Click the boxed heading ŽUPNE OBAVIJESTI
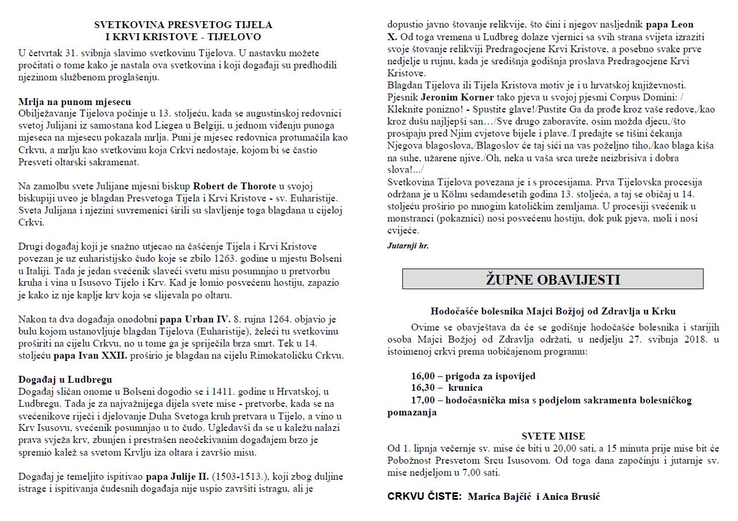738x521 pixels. click(x=552, y=279)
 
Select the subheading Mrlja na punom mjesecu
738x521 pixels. click(x=75, y=102)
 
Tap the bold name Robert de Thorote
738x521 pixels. click(x=235, y=186)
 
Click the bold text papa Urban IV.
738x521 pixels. click(x=195, y=319)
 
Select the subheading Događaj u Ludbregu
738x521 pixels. click(x=65, y=379)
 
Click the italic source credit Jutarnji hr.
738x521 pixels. click(x=407, y=246)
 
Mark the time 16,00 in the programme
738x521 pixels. click(x=423, y=376)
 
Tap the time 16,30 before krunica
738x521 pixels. click(x=423, y=388)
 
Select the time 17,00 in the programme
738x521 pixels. click(x=423, y=400)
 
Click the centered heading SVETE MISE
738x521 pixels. click(x=553, y=436)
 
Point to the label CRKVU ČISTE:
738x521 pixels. click(x=424, y=496)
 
